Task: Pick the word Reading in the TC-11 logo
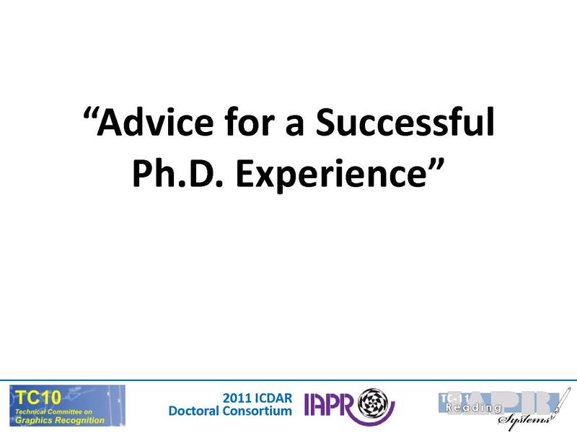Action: pyautogui.click(x=473, y=408)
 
